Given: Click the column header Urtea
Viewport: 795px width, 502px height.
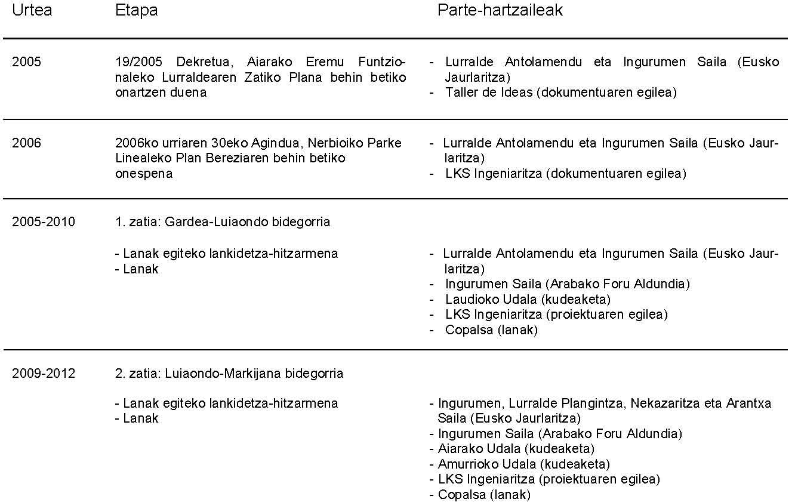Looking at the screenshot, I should pos(32,11).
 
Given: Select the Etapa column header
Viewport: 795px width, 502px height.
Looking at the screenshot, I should pos(136,11).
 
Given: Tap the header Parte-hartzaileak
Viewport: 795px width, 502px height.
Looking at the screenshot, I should pos(500,11).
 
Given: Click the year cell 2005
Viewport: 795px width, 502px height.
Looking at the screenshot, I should pos(27,62).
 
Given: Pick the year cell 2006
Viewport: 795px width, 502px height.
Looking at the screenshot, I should pos(27,143).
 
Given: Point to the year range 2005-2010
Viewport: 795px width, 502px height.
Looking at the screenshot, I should pos(44,222).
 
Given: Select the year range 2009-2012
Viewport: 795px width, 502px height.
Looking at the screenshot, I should pos(44,374).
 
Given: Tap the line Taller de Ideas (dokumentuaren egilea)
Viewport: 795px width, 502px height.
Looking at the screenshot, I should pos(560,93).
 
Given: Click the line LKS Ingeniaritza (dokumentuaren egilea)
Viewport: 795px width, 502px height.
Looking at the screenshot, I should pos(565,174).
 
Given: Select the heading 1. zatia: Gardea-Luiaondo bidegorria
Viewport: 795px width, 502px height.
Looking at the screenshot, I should pos(222,222).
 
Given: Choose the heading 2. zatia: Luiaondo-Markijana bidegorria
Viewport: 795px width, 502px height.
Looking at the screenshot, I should pos(229,374).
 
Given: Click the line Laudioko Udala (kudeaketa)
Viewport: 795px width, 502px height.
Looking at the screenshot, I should pos(528,299).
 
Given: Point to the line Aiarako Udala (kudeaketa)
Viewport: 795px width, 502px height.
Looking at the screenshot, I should pos(516,448).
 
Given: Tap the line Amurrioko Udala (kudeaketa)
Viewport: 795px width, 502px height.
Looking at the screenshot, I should pos(523,464).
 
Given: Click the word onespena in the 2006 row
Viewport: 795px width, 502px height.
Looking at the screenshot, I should pos(144,174).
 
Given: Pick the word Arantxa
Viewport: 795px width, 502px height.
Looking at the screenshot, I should pos(748,403).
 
